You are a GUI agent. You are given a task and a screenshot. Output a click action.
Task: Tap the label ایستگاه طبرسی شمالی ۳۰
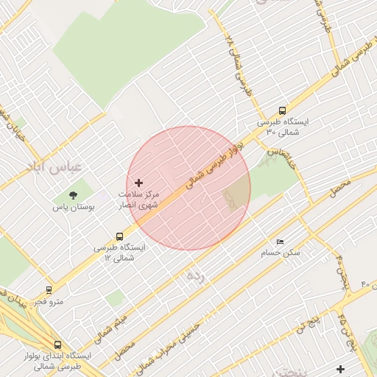tap(283, 126)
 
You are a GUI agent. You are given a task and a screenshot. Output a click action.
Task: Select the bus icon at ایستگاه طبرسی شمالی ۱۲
tap(119, 236)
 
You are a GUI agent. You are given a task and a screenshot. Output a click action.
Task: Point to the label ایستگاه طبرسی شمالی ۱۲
tap(119, 253)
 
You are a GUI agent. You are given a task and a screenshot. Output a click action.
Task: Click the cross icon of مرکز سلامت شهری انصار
tap(138, 182)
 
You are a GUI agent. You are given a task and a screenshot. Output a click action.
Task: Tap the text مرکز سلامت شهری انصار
tap(138, 199)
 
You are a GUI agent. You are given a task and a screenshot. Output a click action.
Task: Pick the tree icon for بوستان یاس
tap(73, 195)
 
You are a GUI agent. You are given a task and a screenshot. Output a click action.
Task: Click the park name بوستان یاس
tap(73, 208)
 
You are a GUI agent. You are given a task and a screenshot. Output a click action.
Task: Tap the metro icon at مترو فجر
tap(49, 290)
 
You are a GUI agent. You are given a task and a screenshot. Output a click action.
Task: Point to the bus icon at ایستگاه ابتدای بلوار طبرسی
tap(57, 344)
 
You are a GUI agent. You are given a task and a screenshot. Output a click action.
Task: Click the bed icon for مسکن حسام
tap(279, 242)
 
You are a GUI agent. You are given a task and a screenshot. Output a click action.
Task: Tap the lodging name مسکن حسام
tap(281, 253)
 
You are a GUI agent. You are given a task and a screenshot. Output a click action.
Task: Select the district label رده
tap(194, 276)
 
